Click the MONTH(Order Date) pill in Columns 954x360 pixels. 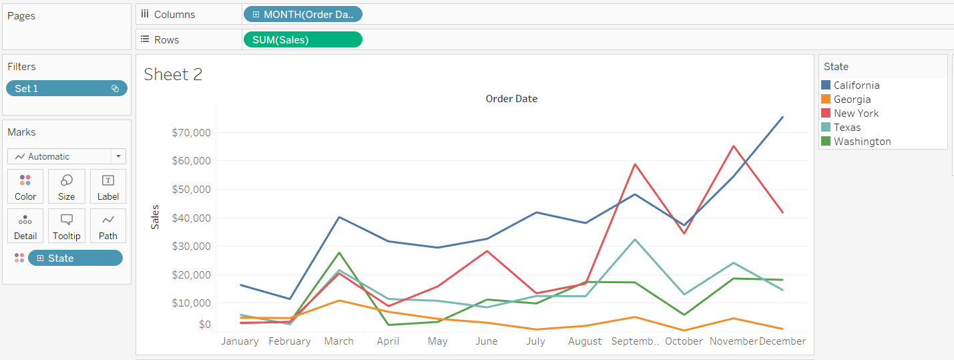304,14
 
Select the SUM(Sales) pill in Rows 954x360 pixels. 302,39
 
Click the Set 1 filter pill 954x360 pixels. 66,88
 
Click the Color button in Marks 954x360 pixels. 25,186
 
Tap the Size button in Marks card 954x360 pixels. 67,186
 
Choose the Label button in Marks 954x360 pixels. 107,186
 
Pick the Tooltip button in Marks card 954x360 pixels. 67,226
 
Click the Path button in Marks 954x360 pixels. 107,226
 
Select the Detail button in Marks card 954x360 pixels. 25,226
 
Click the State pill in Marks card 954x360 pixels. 75,258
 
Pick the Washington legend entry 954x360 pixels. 862,141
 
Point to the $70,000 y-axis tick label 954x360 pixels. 192,132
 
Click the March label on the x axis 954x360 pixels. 339,341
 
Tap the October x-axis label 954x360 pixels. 684,341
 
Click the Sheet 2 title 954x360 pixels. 173,74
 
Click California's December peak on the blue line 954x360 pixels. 782,117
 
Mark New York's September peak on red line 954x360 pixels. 635,164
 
